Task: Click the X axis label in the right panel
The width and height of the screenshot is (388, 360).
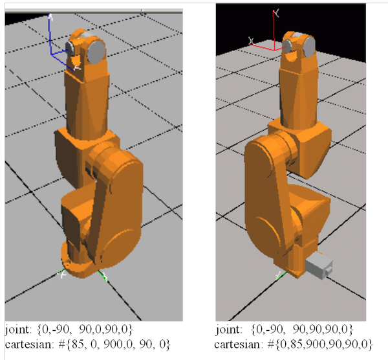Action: pyautogui.click(x=251, y=41)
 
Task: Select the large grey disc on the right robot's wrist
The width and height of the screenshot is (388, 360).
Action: pyautogui.click(x=308, y=46)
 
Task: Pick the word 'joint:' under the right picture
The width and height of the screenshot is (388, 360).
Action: pyautogui.click(x=228, y=330)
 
